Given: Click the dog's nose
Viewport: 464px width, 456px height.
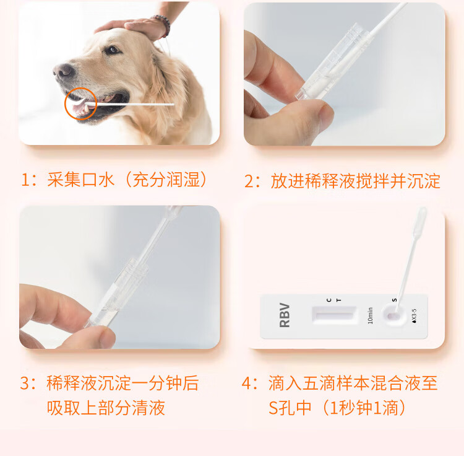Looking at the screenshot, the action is (x=63, y=71).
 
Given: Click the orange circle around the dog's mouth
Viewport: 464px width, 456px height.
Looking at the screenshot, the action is (x=81, y=103).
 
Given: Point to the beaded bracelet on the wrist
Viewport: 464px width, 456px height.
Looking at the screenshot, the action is (x=163, y=25).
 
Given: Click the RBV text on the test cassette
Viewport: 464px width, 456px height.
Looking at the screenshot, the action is (x=285, y=315).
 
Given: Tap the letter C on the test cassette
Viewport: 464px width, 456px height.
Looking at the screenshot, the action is (x=329, y=300).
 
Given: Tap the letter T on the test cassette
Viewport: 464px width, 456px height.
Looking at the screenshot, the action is (x=339, y=300).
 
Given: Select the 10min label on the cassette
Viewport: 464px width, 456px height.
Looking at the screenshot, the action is (x=370, y=315).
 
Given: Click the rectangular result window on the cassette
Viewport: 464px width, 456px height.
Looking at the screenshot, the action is (x=334, y=315).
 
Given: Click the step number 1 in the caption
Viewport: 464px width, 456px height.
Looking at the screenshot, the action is (x=26, y=180).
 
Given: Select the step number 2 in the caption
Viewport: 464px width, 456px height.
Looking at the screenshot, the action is (x=249, y=181).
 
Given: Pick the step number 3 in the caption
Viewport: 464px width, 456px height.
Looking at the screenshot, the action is (x=25, y=383).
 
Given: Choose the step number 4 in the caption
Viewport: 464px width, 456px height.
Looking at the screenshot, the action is (x=247, y=383).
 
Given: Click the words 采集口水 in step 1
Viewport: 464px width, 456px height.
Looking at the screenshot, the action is (x=81, y=180).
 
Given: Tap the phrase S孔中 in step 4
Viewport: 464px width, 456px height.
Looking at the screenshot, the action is (x=290, y=408).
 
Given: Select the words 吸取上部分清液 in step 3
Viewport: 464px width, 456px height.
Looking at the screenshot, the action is (x=106, y=408).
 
